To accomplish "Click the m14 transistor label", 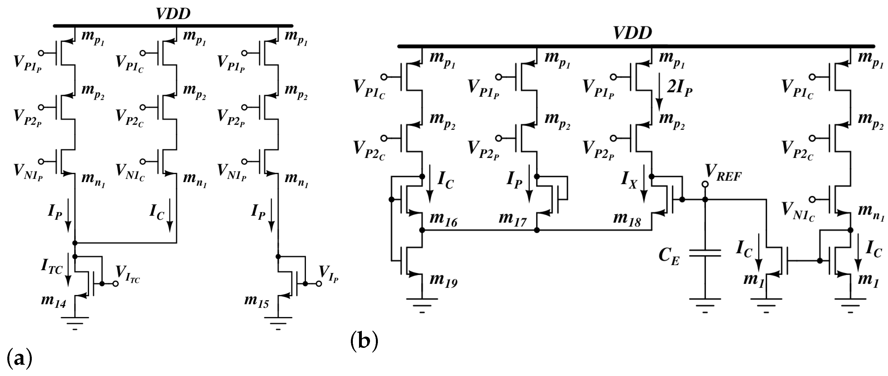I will [x=53, y=301].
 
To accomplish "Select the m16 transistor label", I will [x=443, y=220].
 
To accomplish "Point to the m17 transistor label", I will [x=513, y=220].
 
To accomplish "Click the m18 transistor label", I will [x=627, y=220].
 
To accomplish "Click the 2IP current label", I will [x=679, y=88].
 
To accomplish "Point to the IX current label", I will [x=629, y=180].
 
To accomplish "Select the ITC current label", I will [x=52, y=266].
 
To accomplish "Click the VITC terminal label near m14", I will [x=127, y=274].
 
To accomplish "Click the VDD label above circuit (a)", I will [x=173, y=14].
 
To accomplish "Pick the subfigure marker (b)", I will [x=364, y=341].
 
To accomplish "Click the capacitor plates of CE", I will [x=705, y=253].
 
